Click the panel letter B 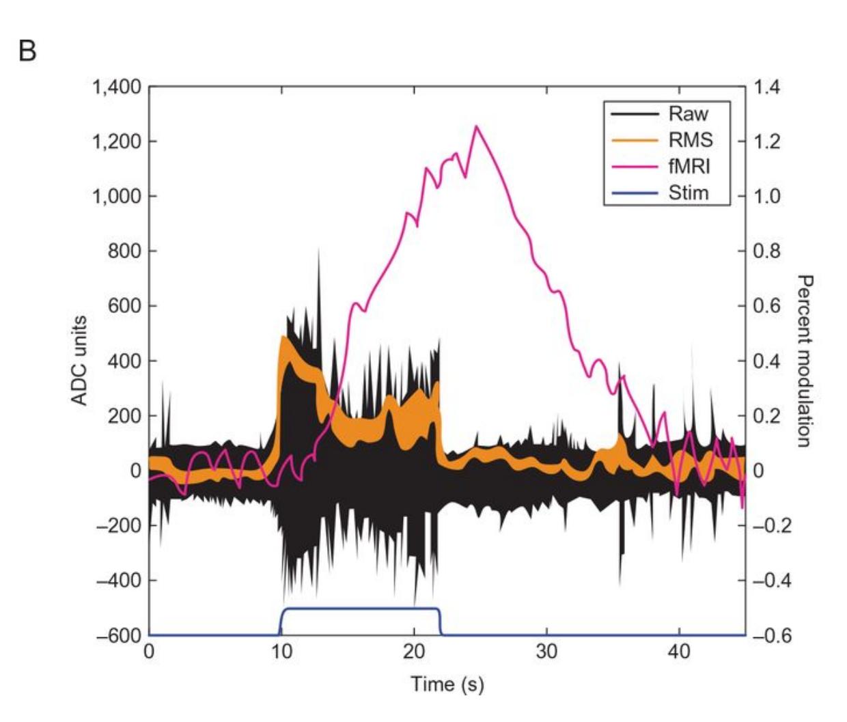click(27, 51)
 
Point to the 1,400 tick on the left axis click(116, 87)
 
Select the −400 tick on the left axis click(117, 581)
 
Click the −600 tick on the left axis click(117, 635)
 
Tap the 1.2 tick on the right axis click(766, 141)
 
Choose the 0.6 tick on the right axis click(766, 306)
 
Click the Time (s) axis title click(447, 684)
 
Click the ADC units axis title click(80, 360)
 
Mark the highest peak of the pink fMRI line click(476, 126)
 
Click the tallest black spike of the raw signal click(318, 250)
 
